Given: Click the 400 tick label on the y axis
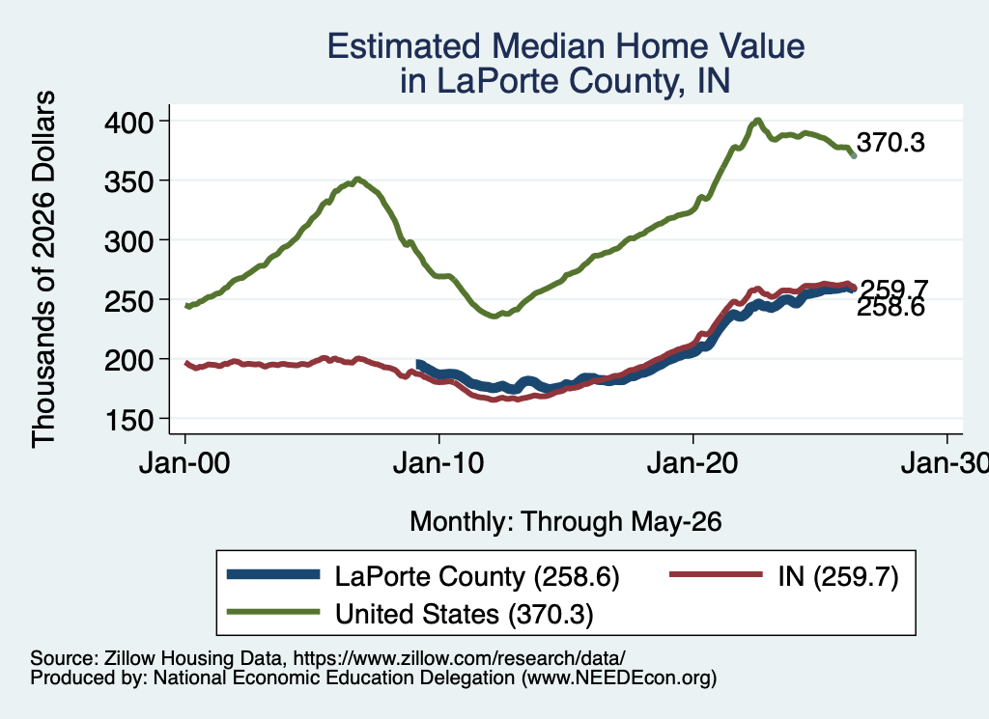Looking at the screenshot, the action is tap(128, 122).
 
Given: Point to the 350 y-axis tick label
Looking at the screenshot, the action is tap(128, 181).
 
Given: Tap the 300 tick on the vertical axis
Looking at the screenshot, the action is tap(128, 240).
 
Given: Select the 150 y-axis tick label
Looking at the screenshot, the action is tap(128, 420).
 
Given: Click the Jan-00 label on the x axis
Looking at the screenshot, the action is tap(184, 463).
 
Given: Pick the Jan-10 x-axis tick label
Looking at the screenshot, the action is tap(438, 463).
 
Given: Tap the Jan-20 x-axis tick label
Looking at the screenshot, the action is tap(692, 463).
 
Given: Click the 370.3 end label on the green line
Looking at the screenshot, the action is tap(890, 143).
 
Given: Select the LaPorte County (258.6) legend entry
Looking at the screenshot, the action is tap(423, 576).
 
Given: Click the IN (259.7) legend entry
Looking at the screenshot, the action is tap(783, 576).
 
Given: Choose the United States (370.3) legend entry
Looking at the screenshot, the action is tap(410, 614).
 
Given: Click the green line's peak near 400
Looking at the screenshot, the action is tap(757, 120).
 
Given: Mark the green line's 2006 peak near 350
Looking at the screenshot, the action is tap(357, 179).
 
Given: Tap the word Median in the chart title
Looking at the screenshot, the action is tap(549, 46).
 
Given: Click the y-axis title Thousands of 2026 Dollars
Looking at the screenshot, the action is tap(43, 269).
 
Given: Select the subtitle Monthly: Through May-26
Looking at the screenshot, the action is tap(566, 522).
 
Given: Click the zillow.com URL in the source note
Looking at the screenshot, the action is tap(460, 658).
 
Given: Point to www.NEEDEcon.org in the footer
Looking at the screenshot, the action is tap(619, 678).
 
